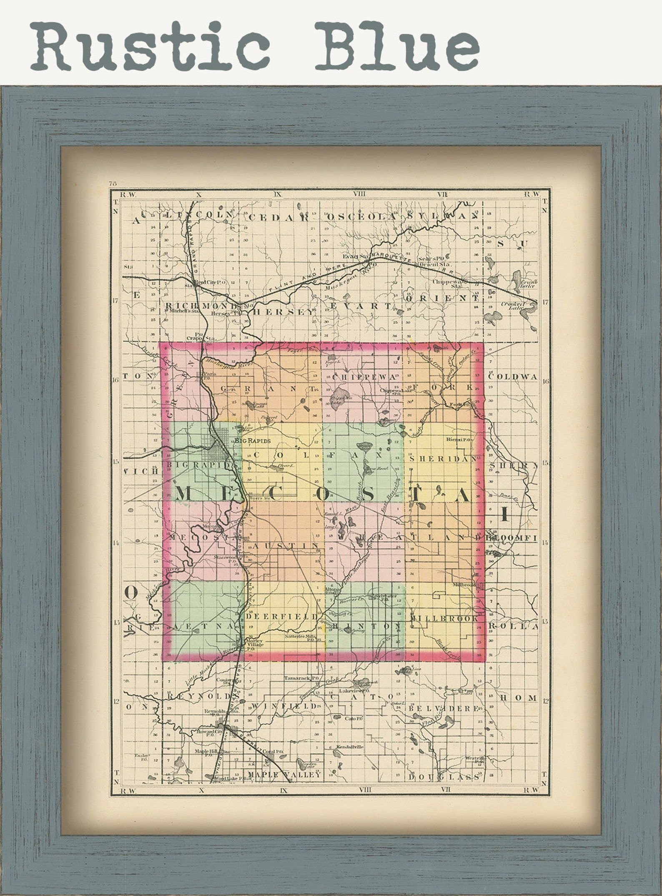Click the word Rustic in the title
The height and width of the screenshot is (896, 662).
[150, 47]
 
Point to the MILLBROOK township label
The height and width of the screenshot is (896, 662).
[444, 619]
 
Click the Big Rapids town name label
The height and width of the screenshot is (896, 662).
[253, 441]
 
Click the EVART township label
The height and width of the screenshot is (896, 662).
[361, 306]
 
